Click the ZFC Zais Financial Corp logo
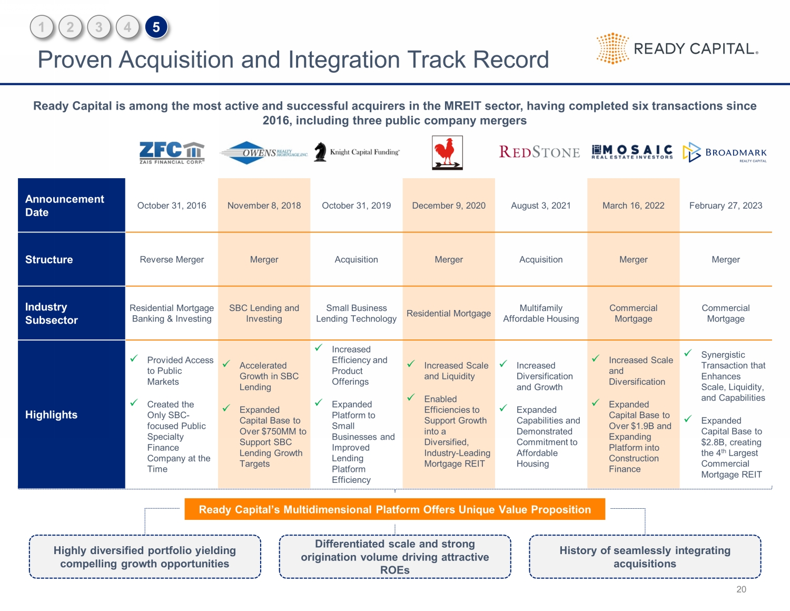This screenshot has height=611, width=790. click(172, 152)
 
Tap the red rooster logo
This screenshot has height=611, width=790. click(447, 153)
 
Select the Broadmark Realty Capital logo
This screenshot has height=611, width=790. click(725, 152)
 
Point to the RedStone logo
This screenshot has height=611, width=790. click(539, 152)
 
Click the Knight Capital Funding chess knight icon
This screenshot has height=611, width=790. click(320, 152)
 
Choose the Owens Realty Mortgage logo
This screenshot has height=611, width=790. click(263, 153)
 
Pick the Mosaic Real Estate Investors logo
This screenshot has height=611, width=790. click(632, 152)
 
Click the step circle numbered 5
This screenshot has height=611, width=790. click(156, 27)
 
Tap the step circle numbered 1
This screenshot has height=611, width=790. click(42, 27)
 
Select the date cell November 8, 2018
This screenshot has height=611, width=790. click(264, 206)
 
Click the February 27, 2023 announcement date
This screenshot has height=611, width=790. click(725, 206)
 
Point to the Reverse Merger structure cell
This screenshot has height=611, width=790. click(172, 259)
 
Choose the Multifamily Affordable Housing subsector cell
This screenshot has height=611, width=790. click(541, 313)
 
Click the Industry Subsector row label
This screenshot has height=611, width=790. click(51, 313)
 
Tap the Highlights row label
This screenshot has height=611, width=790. click(51, 415)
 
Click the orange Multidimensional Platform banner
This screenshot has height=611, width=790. click(394, 509)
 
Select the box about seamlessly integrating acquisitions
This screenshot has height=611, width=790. click(645, 557)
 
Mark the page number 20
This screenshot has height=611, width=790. click(741, 589)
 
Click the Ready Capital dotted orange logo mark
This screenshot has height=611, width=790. click(613, 49)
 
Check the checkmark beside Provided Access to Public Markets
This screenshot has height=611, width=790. click(134, 358)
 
